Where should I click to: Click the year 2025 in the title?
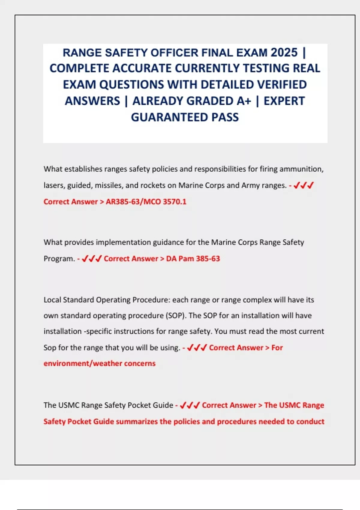(x=284, y=52)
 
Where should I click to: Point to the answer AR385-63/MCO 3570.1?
(x=146, y=202)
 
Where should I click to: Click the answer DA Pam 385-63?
(x=193, y=259)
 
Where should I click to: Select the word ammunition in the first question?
(x=301, y=169)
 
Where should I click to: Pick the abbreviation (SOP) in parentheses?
(x=176, y=316)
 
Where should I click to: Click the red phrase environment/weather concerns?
(x=100, y=364)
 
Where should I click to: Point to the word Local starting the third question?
(x=52, y=300)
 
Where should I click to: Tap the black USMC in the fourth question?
(x=68, y=405)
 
